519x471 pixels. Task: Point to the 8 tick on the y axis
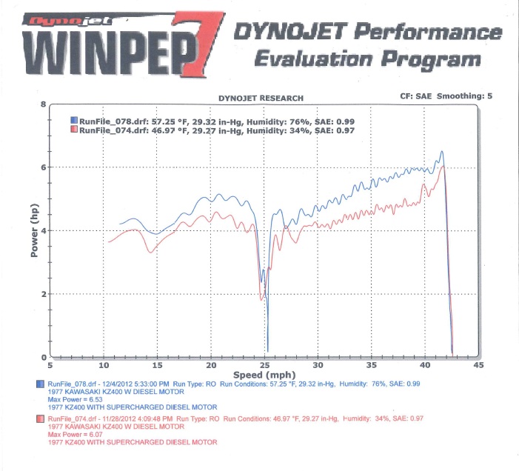click(44, 104)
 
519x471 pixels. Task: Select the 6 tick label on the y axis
click(44, 168)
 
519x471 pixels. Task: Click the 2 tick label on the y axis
click(44, 295)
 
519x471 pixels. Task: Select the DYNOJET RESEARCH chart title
click(261, 98)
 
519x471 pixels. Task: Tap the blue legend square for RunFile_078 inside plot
click(73, 119)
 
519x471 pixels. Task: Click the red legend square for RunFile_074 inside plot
click(73, 130)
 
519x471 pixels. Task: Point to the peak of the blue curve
click(442, 152)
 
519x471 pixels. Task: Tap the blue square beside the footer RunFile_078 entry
click(41, 384)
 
